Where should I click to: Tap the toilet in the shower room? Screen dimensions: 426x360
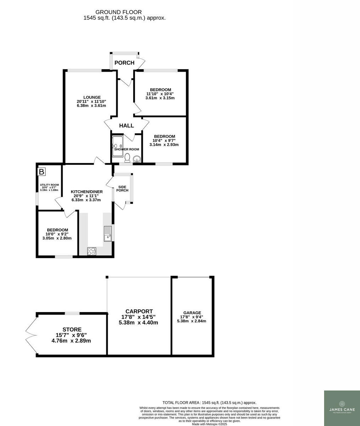[127, 158]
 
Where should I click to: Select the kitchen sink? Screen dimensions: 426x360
[107, 234]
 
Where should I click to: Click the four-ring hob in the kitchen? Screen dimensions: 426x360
[92, 251]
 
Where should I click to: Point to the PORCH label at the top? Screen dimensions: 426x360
[124, 63]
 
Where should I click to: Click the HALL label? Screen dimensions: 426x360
[127, 126]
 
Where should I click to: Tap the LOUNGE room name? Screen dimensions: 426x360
[92, 97]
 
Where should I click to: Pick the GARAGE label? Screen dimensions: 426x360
[192, 313]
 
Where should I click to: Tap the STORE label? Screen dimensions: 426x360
[72, 329]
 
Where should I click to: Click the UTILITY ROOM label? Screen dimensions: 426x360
[49, 185]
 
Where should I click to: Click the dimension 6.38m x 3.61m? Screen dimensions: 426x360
[91, 105]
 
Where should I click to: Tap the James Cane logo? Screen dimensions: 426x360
[342, 408]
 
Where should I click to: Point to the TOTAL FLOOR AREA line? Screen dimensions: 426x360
[209, 403]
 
